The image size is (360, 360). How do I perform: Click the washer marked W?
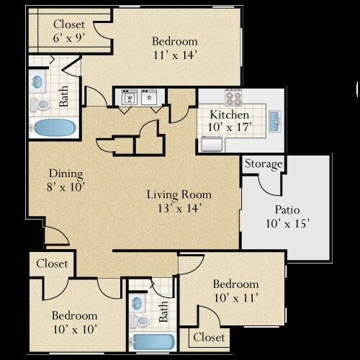tap(130, 97)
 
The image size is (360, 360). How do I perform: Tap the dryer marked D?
tap(149, 97)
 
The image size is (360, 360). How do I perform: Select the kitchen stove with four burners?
tap(233, 97)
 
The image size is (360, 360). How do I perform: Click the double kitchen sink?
tap(275, 122)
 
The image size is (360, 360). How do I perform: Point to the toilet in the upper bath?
tap(40, 104)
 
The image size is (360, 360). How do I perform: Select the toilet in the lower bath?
tap(140, 320)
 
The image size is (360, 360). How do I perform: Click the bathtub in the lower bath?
tap(153, 341)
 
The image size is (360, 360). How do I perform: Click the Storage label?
tap(264, 164)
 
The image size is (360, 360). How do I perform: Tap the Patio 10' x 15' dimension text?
tap(287, 224)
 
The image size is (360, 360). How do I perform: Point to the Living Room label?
tap(179, 194)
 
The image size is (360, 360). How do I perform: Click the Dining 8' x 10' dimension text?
tap(66, 187)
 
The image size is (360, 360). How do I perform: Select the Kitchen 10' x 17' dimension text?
tap(230, 127)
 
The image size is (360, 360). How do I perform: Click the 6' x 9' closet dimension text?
tap(69, 37)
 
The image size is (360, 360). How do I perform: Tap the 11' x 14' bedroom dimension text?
tap(175, 55)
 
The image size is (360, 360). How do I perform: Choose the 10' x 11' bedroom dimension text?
tap(236, 298)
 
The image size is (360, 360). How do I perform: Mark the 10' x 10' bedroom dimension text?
tap(75, 329)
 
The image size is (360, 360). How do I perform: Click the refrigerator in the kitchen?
tap(212, 144)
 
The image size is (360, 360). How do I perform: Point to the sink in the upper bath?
tap(37, 81)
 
